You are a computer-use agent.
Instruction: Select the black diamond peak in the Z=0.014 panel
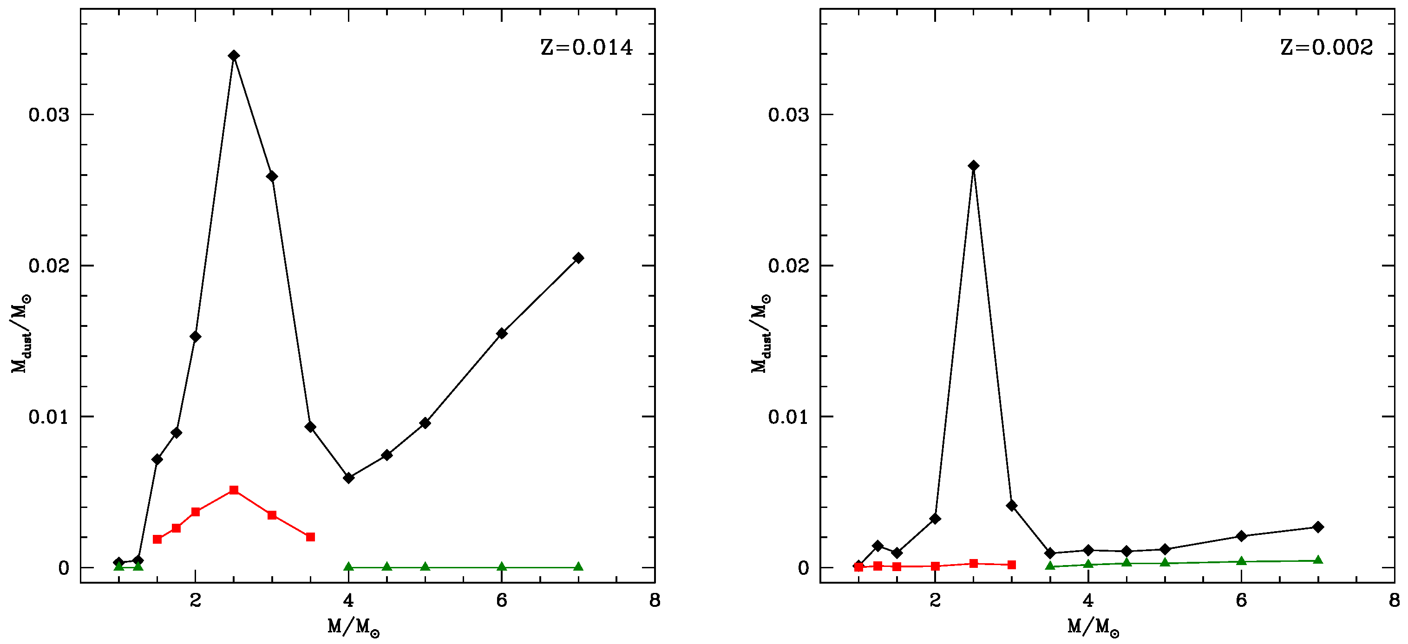pyautogui.click(x=234, y=56)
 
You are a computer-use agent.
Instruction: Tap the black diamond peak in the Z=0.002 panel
pyautogui.click(x=974, y=166)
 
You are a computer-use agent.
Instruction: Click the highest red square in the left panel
pyautogui.click(x=234, y=490)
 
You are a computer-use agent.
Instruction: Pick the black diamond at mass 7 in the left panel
pyautogui.click(x=578, y=258)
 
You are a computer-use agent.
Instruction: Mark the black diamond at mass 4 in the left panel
pyautogui.click(x=349, y=478)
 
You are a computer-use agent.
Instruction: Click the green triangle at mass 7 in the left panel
pyautogui.click(x=578, y=566)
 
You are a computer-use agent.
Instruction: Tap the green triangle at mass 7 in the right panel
pyautogui.click(x=1318, y=560)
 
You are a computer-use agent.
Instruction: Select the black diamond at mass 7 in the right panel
pyautogui.click(x=1318, y=527)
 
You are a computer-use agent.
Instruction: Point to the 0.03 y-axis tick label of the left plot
pyautogui.click(x=49, y=115)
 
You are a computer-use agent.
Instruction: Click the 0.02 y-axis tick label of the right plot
pyautogui.click(x=789, y=266)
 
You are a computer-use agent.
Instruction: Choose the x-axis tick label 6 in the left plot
pyautogui.click(x=501, y=601)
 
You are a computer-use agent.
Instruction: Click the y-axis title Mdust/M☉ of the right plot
pyautogui.click(x=761, y=333)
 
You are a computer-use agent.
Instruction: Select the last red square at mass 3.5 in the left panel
pyautogui.click(x=310, y=537)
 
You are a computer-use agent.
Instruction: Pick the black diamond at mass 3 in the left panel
pyautogui.click(x=272, y=176)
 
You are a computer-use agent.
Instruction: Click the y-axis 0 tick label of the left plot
pyautogui.click(x=64, y=568)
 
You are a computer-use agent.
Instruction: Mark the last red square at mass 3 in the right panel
pyautogui.click(x=1012, y=565)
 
